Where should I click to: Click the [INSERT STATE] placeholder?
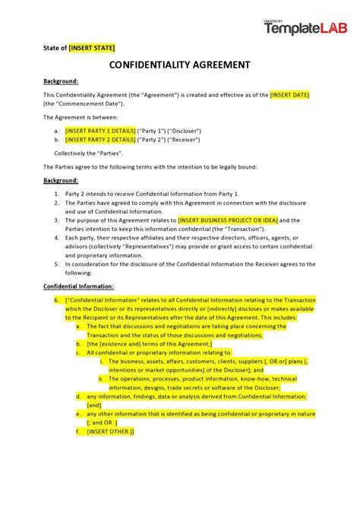pos(92,47)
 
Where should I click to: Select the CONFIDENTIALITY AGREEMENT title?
pos(180,66)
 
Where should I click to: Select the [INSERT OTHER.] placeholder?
pos(110,431)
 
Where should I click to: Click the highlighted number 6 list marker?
pos(57,300)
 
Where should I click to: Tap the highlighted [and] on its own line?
pos(93,405)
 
